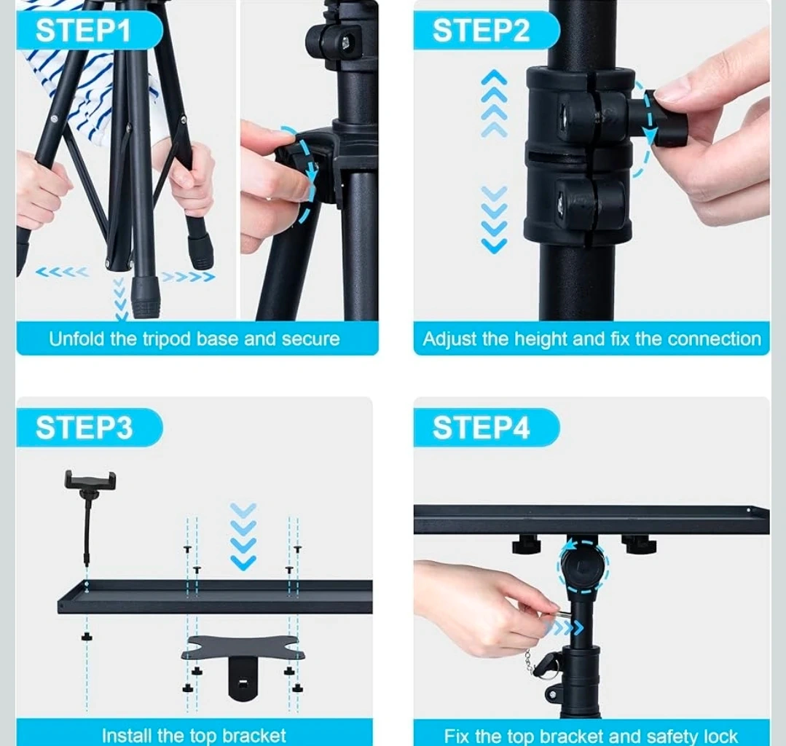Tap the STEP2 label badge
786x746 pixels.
pyautogui.click(x=486, y=31)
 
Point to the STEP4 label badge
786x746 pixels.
pyautogui.click(x=486, y=428)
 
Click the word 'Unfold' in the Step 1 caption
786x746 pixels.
pyautogui.click(x=76, y=339)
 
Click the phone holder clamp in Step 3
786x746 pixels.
pyautogui.click(x=90, y=482)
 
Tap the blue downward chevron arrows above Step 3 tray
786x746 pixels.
pyautogui.click(x=243, y=536)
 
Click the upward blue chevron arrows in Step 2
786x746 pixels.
pyautogui.click(x=495, y=103)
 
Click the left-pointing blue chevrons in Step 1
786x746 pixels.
pyautogui.click(x=62, y=272)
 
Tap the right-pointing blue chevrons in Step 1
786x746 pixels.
pyautogui.click(x=189, y=277)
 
